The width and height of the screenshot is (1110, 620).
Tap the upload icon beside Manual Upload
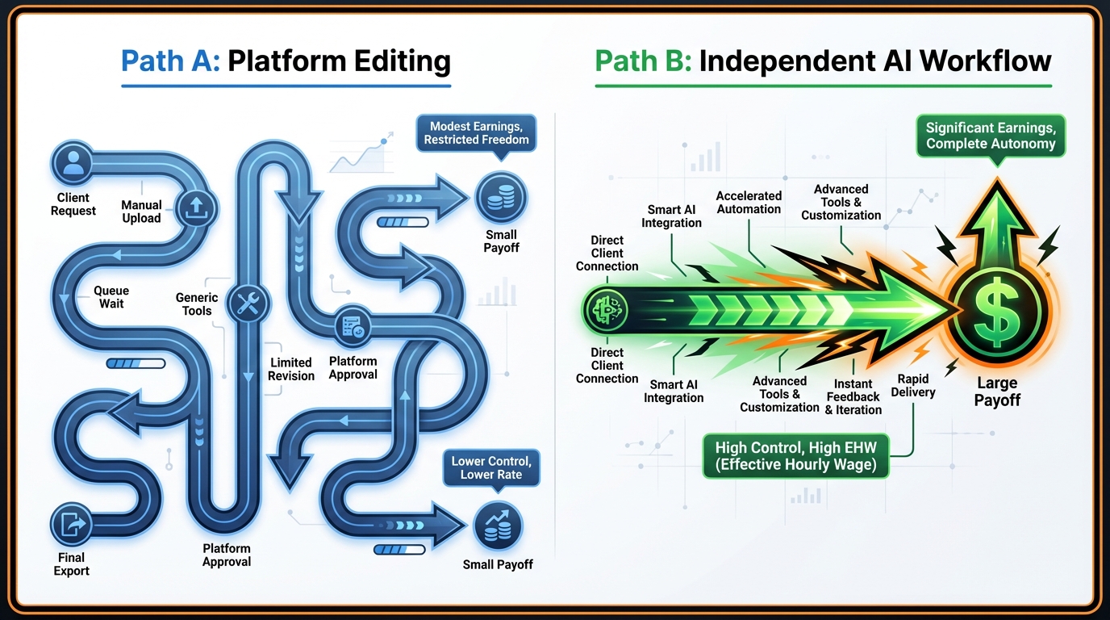click(195, 206)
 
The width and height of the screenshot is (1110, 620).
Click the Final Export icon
click(73, 524)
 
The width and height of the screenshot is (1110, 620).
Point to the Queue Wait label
click(111, 297)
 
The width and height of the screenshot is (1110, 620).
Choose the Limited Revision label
click(291, 369)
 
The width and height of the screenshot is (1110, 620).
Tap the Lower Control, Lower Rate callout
click(490, 467)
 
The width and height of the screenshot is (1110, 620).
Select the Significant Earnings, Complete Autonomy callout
click(991, 136)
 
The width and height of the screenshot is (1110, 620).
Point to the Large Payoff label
click(997, 391)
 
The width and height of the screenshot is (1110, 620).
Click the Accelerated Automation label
click(749, 202)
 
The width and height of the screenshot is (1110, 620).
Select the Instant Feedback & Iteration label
click(853, 396)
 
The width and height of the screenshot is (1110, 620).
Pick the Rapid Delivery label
click(913, 385)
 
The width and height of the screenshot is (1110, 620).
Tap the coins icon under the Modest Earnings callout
click(500, 196)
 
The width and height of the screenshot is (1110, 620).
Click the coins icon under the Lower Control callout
click(497, 526)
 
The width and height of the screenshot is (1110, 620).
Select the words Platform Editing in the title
click(339, 61)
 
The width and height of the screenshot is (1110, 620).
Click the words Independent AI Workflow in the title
click(875, 61)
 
